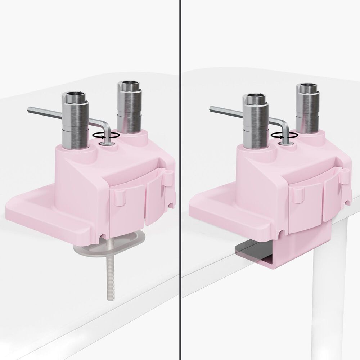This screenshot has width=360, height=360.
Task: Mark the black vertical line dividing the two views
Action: coord(180,180)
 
